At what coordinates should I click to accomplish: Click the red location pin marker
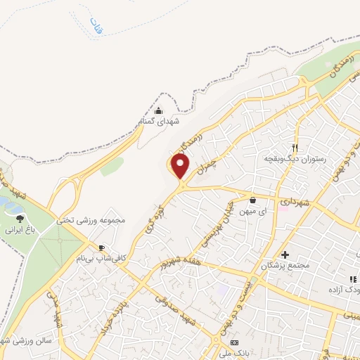click(181, 166)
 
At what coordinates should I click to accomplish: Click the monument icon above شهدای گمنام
click(158, 110)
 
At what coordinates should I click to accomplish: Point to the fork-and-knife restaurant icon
click(295, 148)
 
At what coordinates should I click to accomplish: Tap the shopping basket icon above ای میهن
click(252, 200)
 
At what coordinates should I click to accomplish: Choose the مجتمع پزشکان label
click(285, 266)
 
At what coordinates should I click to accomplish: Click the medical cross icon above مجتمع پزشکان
click(285, 255)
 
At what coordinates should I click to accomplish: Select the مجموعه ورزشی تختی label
click(96, 219)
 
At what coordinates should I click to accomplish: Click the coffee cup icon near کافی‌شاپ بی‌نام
click(103, 248)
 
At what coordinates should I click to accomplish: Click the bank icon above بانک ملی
click(234, 342)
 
